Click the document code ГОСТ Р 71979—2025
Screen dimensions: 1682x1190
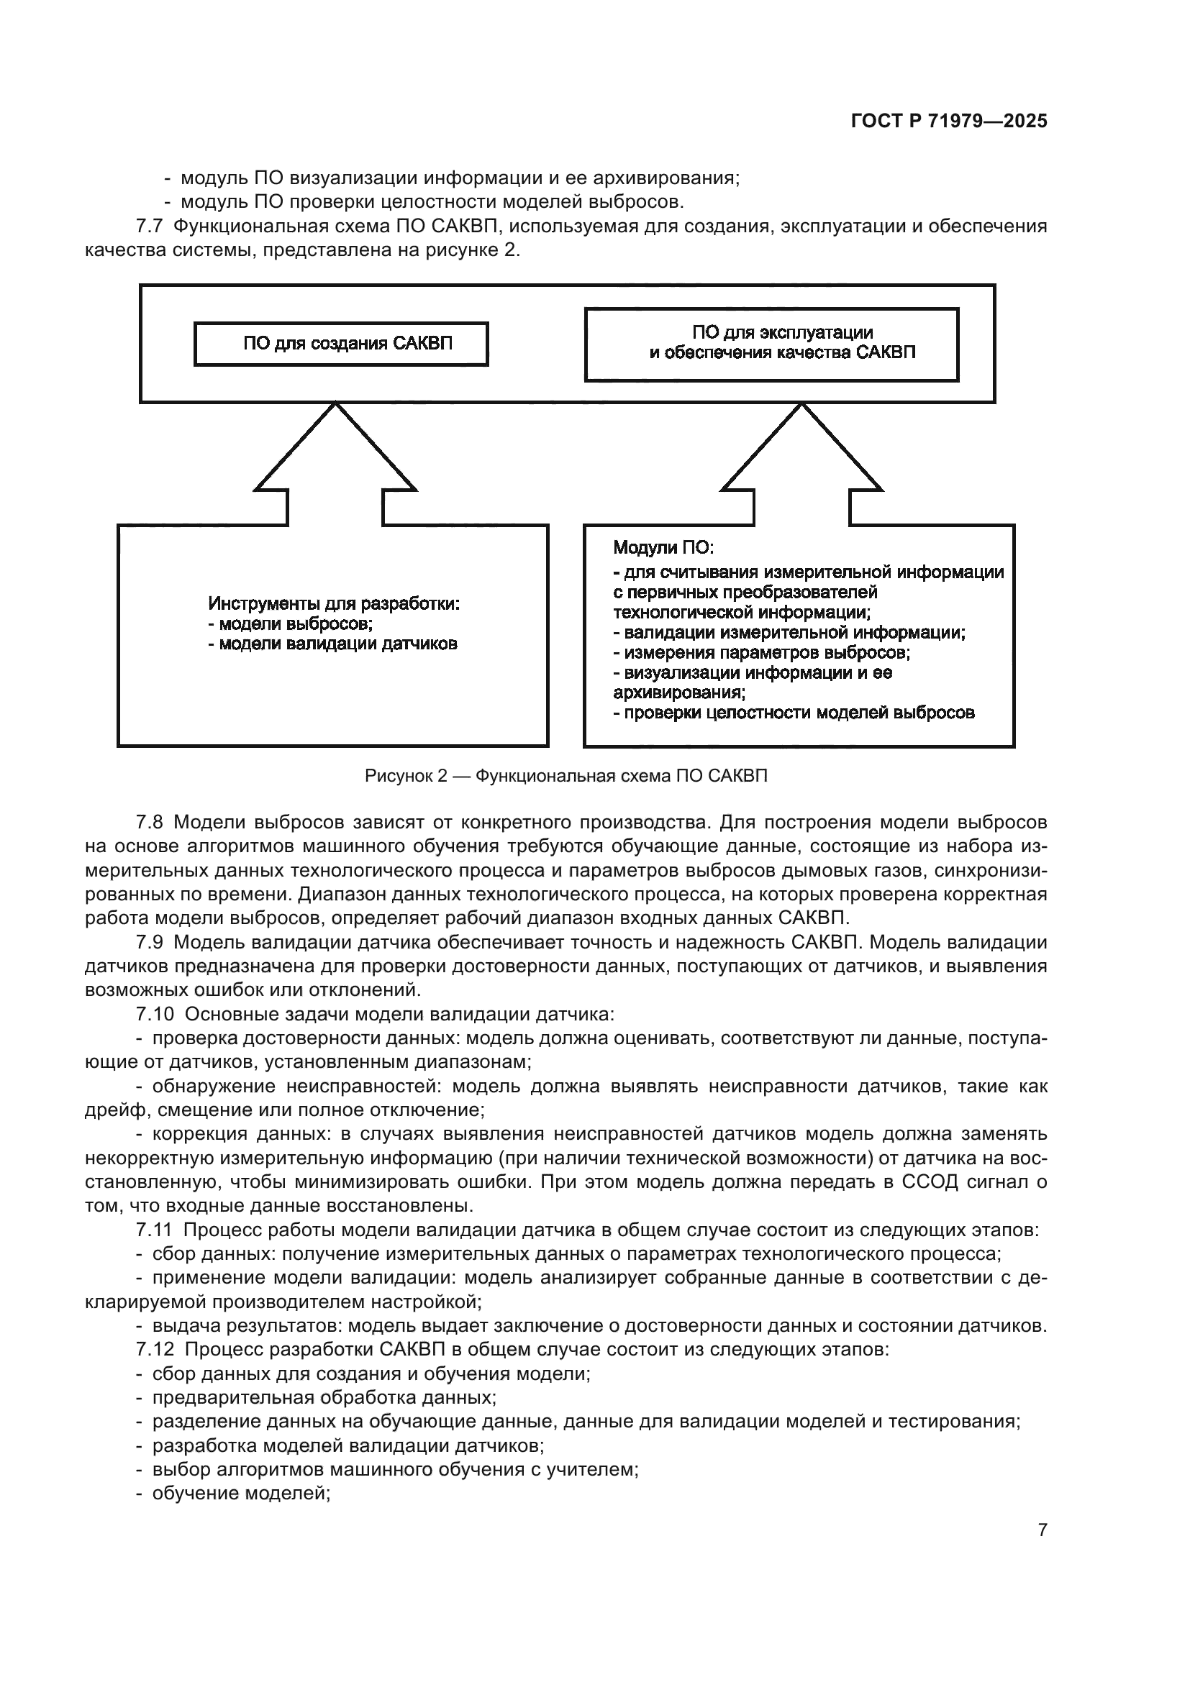(x=949, y=122)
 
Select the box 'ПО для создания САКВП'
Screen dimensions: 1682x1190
(x=341, y=344)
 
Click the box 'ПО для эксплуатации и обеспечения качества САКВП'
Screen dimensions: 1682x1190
(x=771, y=344)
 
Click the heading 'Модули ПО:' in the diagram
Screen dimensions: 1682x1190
(x=663, y=547)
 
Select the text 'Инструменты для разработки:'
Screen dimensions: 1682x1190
(x=334, y=603)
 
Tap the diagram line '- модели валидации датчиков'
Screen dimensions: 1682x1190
(x=332, y=644)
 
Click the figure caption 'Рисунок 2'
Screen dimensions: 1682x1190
(x=405, y=776)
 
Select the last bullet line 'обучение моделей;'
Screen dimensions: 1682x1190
(x=241, y=1494)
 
